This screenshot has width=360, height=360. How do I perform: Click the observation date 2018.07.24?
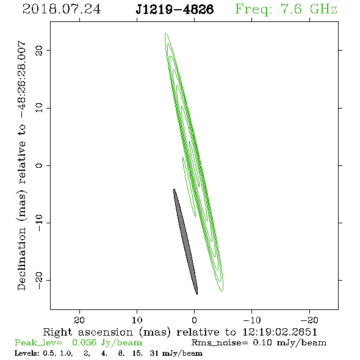click(x=62, y=9)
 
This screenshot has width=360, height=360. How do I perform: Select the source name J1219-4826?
click(x=175, y=9)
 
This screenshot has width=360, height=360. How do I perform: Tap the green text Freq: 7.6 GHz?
click(x=286, y=9)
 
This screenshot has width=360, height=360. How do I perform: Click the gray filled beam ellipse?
click(x=185, y=242)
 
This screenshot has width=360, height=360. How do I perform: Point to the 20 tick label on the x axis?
click(x=79, y=320)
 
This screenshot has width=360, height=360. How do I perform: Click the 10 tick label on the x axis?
click(x=137, y=320)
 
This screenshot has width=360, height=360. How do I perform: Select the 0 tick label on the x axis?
click(x=195, y=320)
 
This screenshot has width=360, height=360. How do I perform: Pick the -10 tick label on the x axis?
click(x=252, y=320)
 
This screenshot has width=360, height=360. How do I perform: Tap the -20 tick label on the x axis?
click(x=309, y=320)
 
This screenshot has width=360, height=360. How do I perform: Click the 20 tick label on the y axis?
click(x=39, y=50)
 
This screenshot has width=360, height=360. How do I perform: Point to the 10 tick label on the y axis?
click(x=39, y=108)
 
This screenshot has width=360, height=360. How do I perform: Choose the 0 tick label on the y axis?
click(x=39, y=165)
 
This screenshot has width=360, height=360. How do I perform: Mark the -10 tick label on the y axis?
click(x=39, y=223)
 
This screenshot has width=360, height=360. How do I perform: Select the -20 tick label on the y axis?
click(x=39, y=281)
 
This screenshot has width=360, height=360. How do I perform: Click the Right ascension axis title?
click(x=180, y=332)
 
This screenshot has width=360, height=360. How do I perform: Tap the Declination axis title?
click(x=21, y=166)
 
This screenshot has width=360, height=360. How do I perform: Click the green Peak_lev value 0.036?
click(x=84, y=342)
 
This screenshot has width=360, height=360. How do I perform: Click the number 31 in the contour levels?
click(x=154, y=353)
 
